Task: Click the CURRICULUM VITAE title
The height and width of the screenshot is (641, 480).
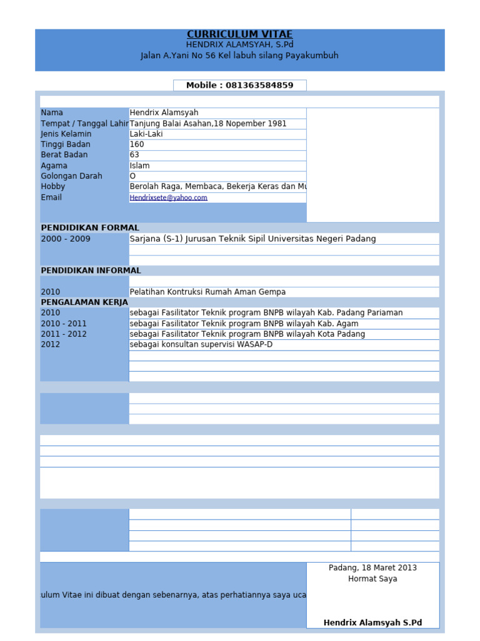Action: [x=239, y=34]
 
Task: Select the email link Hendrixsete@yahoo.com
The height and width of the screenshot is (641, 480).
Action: [x=168, y=198]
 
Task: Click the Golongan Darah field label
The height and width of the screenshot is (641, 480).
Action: [x=71, y=176]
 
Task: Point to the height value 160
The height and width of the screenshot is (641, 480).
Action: [x=137, y=145]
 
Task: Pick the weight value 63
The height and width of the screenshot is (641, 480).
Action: [x=134, y=155]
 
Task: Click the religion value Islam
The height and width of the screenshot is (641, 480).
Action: [x=139, y=166]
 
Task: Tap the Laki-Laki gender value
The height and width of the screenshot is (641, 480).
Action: [x=145, y=134]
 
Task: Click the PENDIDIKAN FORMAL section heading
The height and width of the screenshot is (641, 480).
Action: [x=90, y=228]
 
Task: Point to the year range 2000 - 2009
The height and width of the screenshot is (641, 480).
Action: [x=66, y=239]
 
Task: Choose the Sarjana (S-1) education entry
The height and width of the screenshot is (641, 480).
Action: [x=252, y=238]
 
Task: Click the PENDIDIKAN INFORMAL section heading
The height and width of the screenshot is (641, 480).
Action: [x=91, y=270]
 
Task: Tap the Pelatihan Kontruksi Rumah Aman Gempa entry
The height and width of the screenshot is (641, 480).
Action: [x=207, y=292]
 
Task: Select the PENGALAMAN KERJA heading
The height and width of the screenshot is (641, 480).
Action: [x=84, y=302]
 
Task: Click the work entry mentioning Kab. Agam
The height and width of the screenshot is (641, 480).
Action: [x=244, y=324]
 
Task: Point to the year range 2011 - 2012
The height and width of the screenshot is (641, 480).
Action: [x=64, y=334]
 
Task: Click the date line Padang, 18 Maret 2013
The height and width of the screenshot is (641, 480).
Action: [x=372, y=568]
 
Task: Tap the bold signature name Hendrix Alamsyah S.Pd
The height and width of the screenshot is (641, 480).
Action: [x=372, y=623]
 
